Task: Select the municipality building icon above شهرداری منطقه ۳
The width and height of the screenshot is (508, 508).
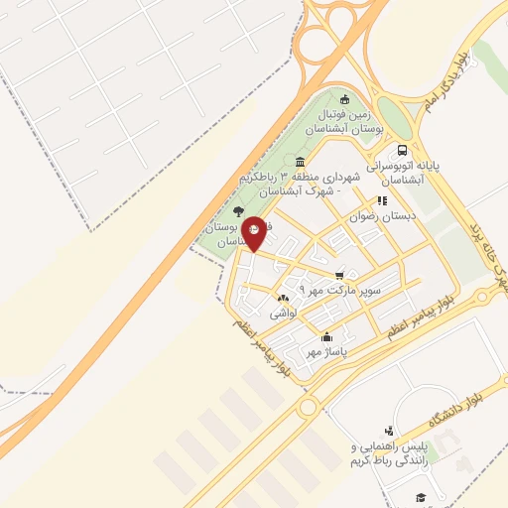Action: pyautogui.click(x=300, y=163)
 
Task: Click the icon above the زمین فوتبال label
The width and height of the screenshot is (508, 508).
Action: pyautogui.click(x=344, y=99)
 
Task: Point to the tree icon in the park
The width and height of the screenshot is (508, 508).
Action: pyautogui.click(x=236, y=210)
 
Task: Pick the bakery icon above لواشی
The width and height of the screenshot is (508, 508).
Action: pyautogui.click(x=284, y=299)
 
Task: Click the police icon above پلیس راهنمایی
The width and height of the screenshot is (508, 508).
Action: pyautogui.click(x=389, y=431)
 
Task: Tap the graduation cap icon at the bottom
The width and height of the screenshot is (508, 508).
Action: pyautogui.click(x=421, y=496)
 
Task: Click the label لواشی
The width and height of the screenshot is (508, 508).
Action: pyautogui.click(x=284, y=313)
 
